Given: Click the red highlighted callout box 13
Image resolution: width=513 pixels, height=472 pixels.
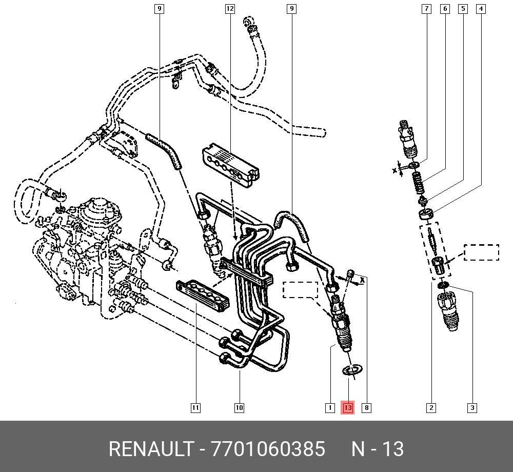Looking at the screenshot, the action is click(347, 407).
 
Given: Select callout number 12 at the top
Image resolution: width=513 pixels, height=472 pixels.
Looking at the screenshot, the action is click(230, 9).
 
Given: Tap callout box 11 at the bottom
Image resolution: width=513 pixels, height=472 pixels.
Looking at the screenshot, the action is click(195, 407).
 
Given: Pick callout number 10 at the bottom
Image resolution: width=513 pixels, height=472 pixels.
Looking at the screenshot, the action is click(239, 407).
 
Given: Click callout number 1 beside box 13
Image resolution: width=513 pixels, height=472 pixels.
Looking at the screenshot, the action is click(330, 407).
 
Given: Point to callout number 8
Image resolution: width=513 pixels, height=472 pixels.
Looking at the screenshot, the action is click(366, 407).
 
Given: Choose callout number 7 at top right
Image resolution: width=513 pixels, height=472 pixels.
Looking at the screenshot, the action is click(426, 9).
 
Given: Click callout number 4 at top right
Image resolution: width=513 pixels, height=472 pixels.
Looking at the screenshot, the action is click(481, 9).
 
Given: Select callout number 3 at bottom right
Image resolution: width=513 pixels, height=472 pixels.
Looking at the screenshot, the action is click(472, 407).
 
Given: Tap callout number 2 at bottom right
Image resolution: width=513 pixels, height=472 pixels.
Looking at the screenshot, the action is click(431, 407).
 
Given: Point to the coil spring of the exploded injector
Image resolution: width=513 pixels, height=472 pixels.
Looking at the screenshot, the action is click(418, 183).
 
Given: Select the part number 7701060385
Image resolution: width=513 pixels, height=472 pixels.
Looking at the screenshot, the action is click(268, 448).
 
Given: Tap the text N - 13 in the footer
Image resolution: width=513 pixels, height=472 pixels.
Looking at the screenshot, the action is click(378, 448).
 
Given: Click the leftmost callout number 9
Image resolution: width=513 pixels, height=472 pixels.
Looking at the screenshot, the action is click(159, 9).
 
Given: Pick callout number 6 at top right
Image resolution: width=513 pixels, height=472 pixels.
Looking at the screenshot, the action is click(445, 9).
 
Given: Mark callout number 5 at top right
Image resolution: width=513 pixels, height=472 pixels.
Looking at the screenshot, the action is click(463, 9).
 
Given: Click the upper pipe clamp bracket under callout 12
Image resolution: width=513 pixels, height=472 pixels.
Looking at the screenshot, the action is click(231, 165).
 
